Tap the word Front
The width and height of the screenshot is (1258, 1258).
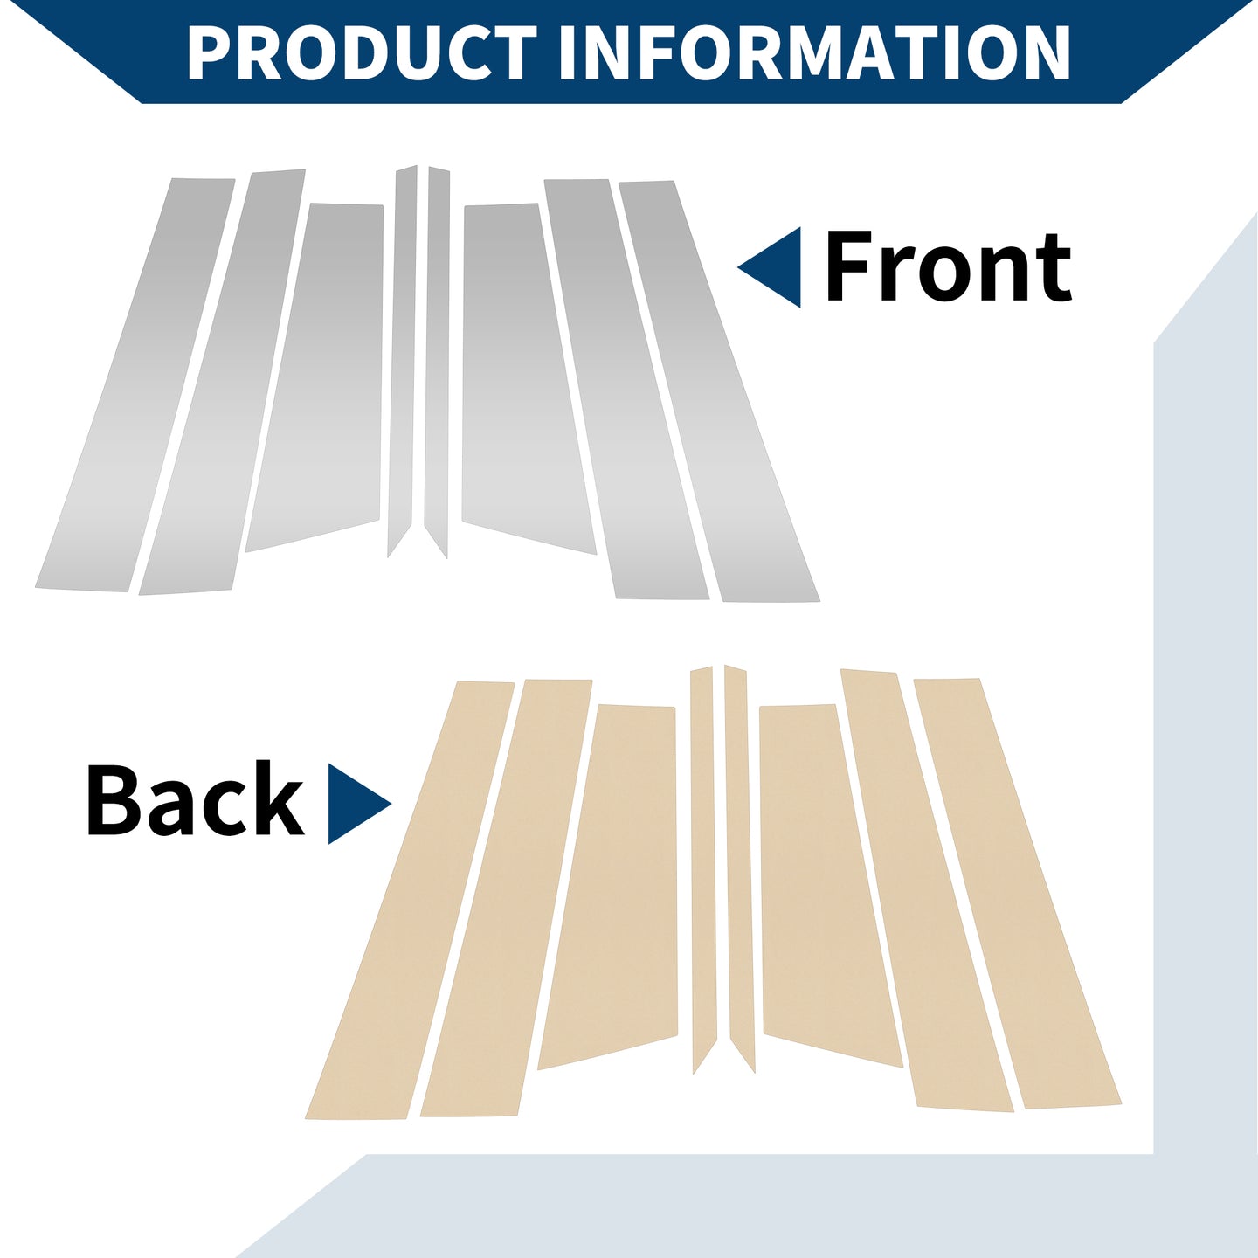point(948,266)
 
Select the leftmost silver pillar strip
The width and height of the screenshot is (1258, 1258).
point(134,385)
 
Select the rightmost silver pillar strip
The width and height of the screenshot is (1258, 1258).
point(718,391)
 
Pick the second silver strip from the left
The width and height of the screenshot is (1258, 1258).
point(221,382)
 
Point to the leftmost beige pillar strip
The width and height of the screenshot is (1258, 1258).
point(410,900)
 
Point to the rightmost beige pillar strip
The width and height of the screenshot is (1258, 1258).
point(1016,893)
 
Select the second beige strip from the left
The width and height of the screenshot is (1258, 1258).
point(506,898)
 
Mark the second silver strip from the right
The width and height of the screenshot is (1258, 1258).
point(626,389)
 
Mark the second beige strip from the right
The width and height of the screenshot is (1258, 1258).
point(926,889)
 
